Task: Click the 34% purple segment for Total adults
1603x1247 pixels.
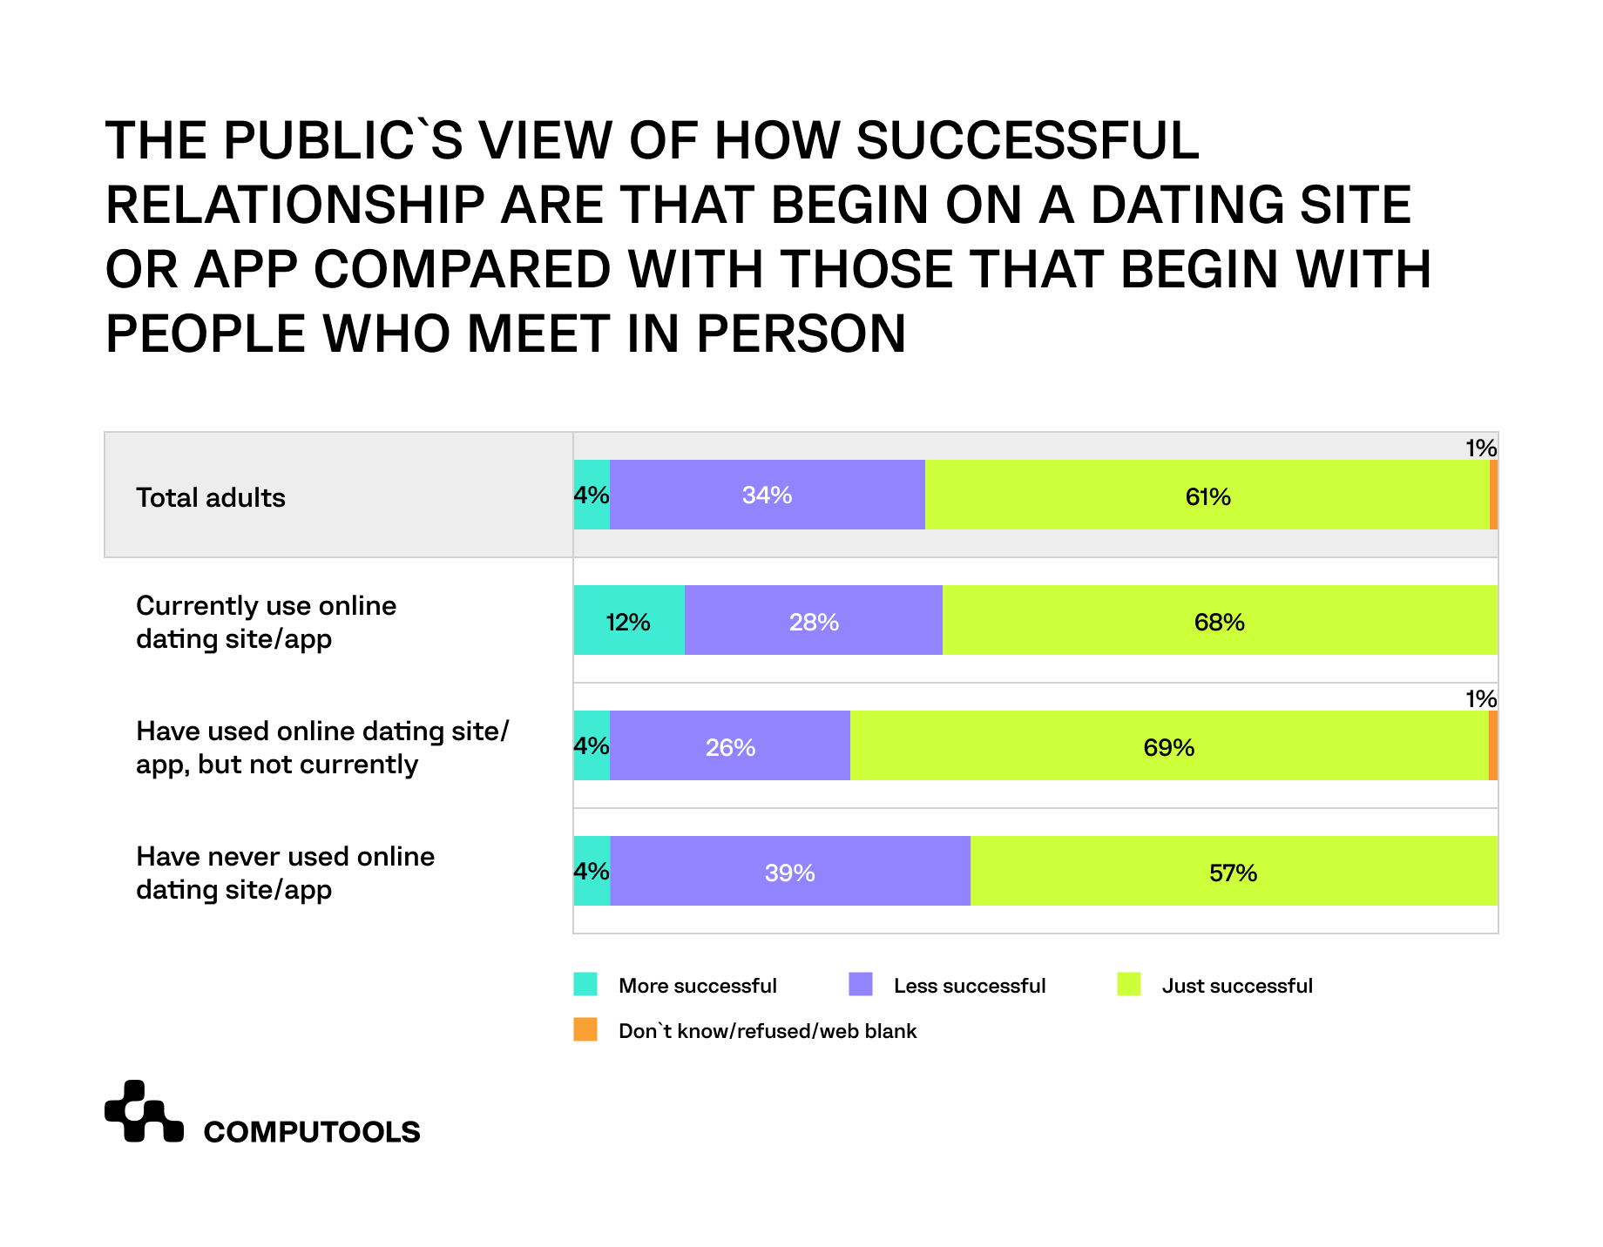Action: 767,495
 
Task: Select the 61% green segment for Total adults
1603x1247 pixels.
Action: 1207,495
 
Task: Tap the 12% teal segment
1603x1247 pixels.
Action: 628,620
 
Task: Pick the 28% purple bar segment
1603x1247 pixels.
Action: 813,620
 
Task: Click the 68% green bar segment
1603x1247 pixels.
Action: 1220,620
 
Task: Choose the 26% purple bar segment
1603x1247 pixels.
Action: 729,745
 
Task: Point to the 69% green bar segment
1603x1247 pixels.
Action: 1168,745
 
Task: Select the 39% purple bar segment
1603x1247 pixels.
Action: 789,871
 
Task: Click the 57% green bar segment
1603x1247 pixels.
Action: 1234,871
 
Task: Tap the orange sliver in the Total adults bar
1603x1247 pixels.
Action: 1493,495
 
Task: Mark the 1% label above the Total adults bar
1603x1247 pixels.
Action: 1480,448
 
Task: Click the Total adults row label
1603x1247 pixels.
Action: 211,497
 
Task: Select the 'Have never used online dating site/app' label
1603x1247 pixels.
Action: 285,873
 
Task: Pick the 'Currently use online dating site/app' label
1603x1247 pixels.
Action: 266,622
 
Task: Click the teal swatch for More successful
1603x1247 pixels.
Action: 585,984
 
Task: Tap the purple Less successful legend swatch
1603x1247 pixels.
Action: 860,984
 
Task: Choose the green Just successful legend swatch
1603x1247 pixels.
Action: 1129,984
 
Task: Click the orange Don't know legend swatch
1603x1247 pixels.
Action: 585,1029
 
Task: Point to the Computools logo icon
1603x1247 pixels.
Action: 144,1111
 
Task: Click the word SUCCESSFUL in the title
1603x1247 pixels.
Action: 1028,141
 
